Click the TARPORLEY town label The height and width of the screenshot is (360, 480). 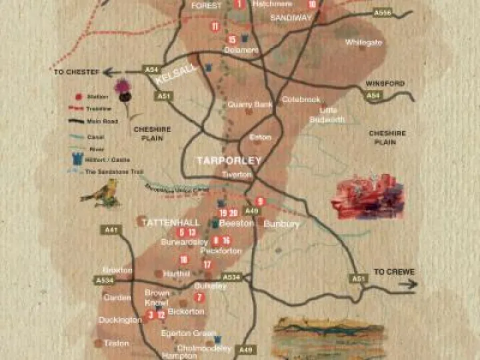tap(229, 161)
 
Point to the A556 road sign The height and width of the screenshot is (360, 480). tap(383, 13)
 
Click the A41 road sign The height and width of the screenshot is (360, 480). tap(112, 230)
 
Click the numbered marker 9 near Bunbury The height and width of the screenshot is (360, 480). tap(261, 201)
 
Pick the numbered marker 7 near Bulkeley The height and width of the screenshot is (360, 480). tap(198, 297)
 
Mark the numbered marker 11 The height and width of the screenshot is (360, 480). tap(215, 27)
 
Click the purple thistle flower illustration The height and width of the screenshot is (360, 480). tap(123, 89)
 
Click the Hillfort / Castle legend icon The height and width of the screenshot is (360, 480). tap(78, 159)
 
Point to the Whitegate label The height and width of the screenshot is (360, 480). tap(364, 42)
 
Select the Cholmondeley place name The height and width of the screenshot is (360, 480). tap(204, 347)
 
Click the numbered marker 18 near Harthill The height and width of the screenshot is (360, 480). tap(183, 260)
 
